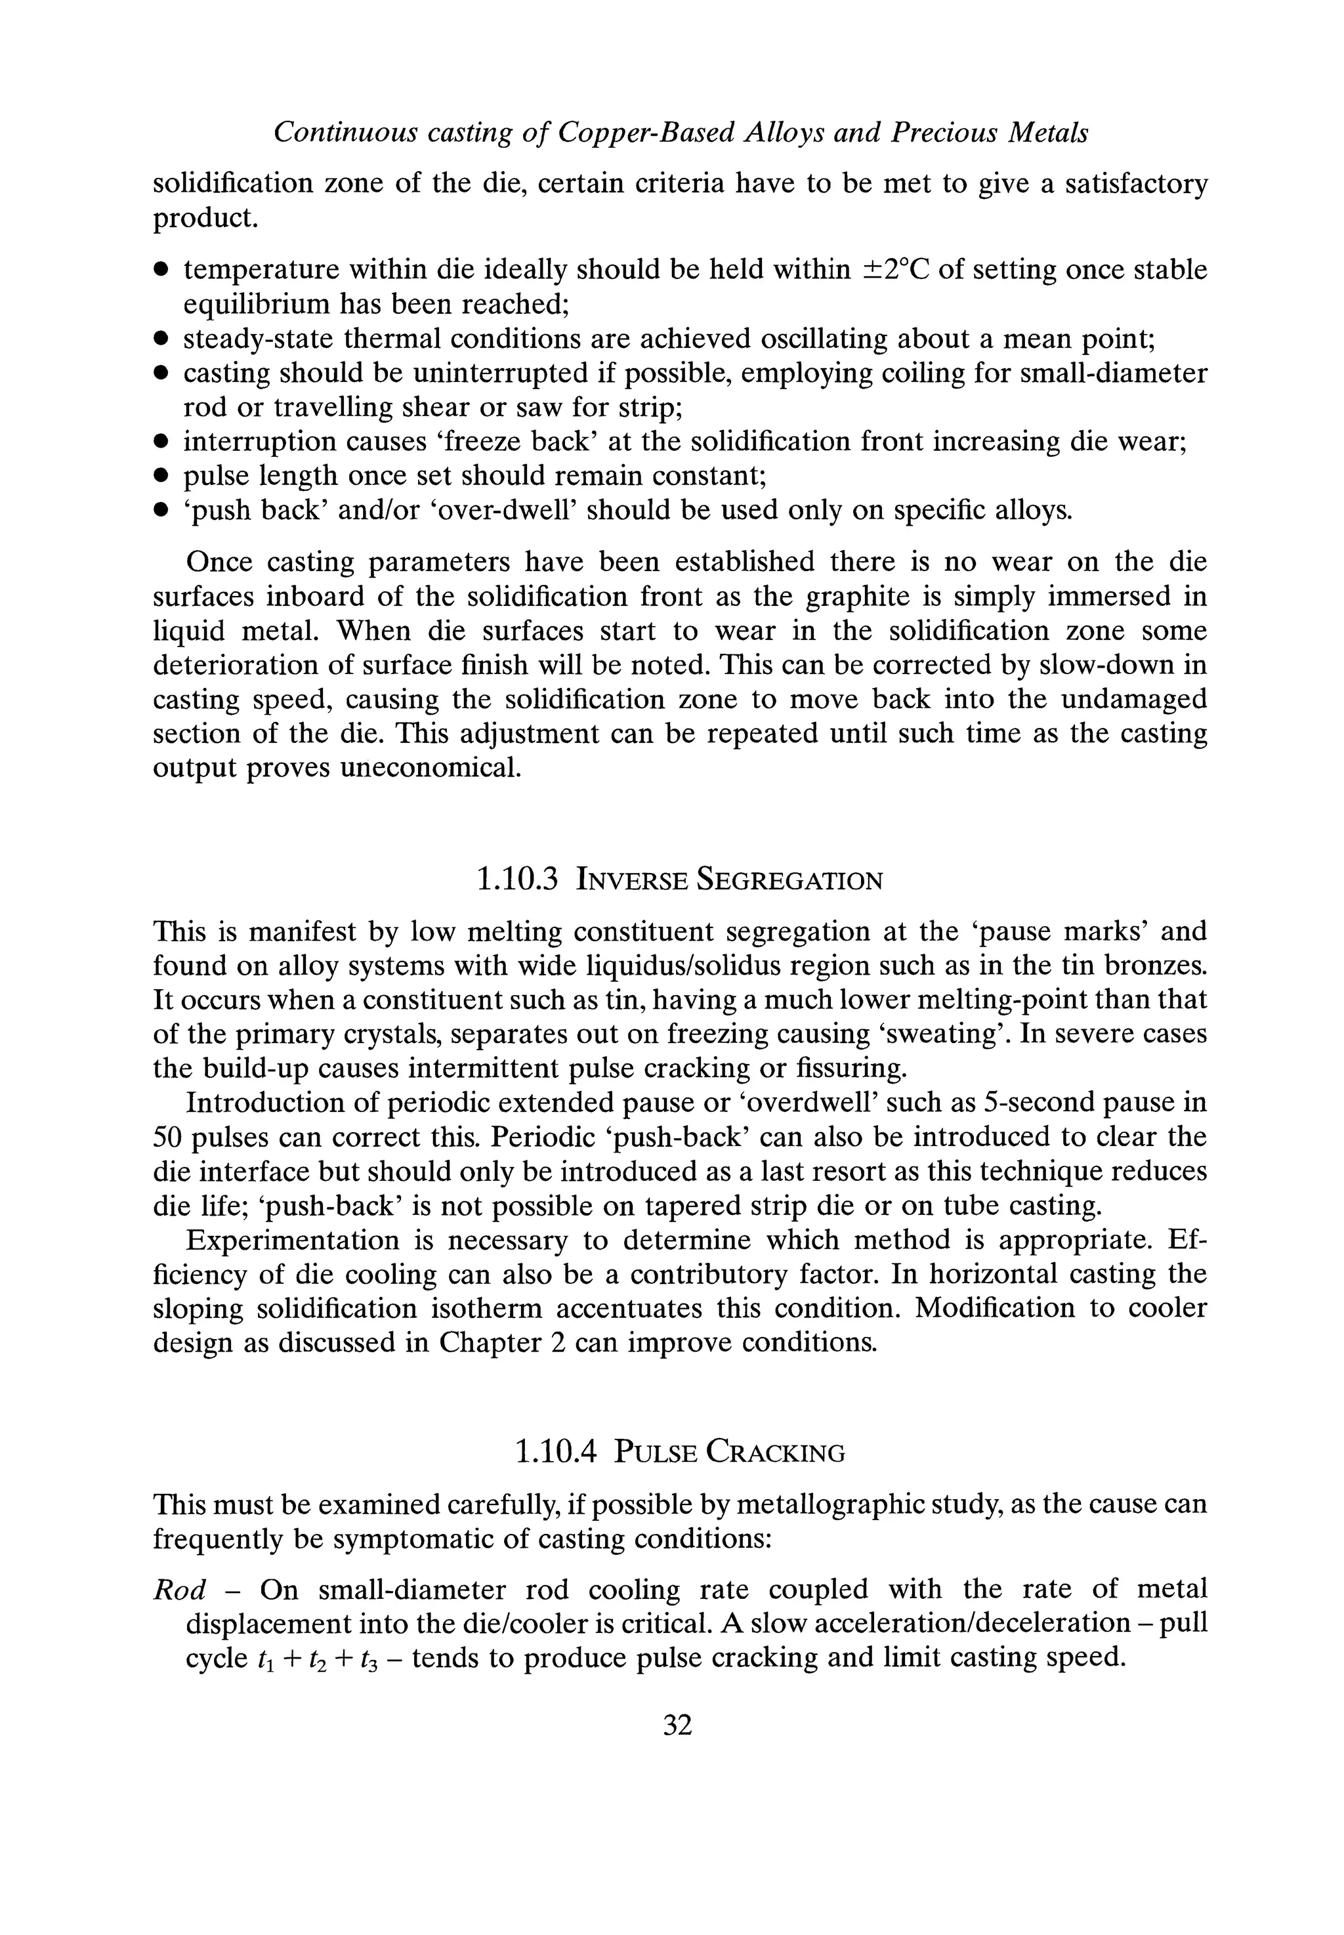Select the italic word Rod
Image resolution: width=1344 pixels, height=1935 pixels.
[179, 1590]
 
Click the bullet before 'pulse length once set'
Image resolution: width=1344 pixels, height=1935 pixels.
[161, 477]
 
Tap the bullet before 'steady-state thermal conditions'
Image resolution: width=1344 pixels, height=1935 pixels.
[161, 340]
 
